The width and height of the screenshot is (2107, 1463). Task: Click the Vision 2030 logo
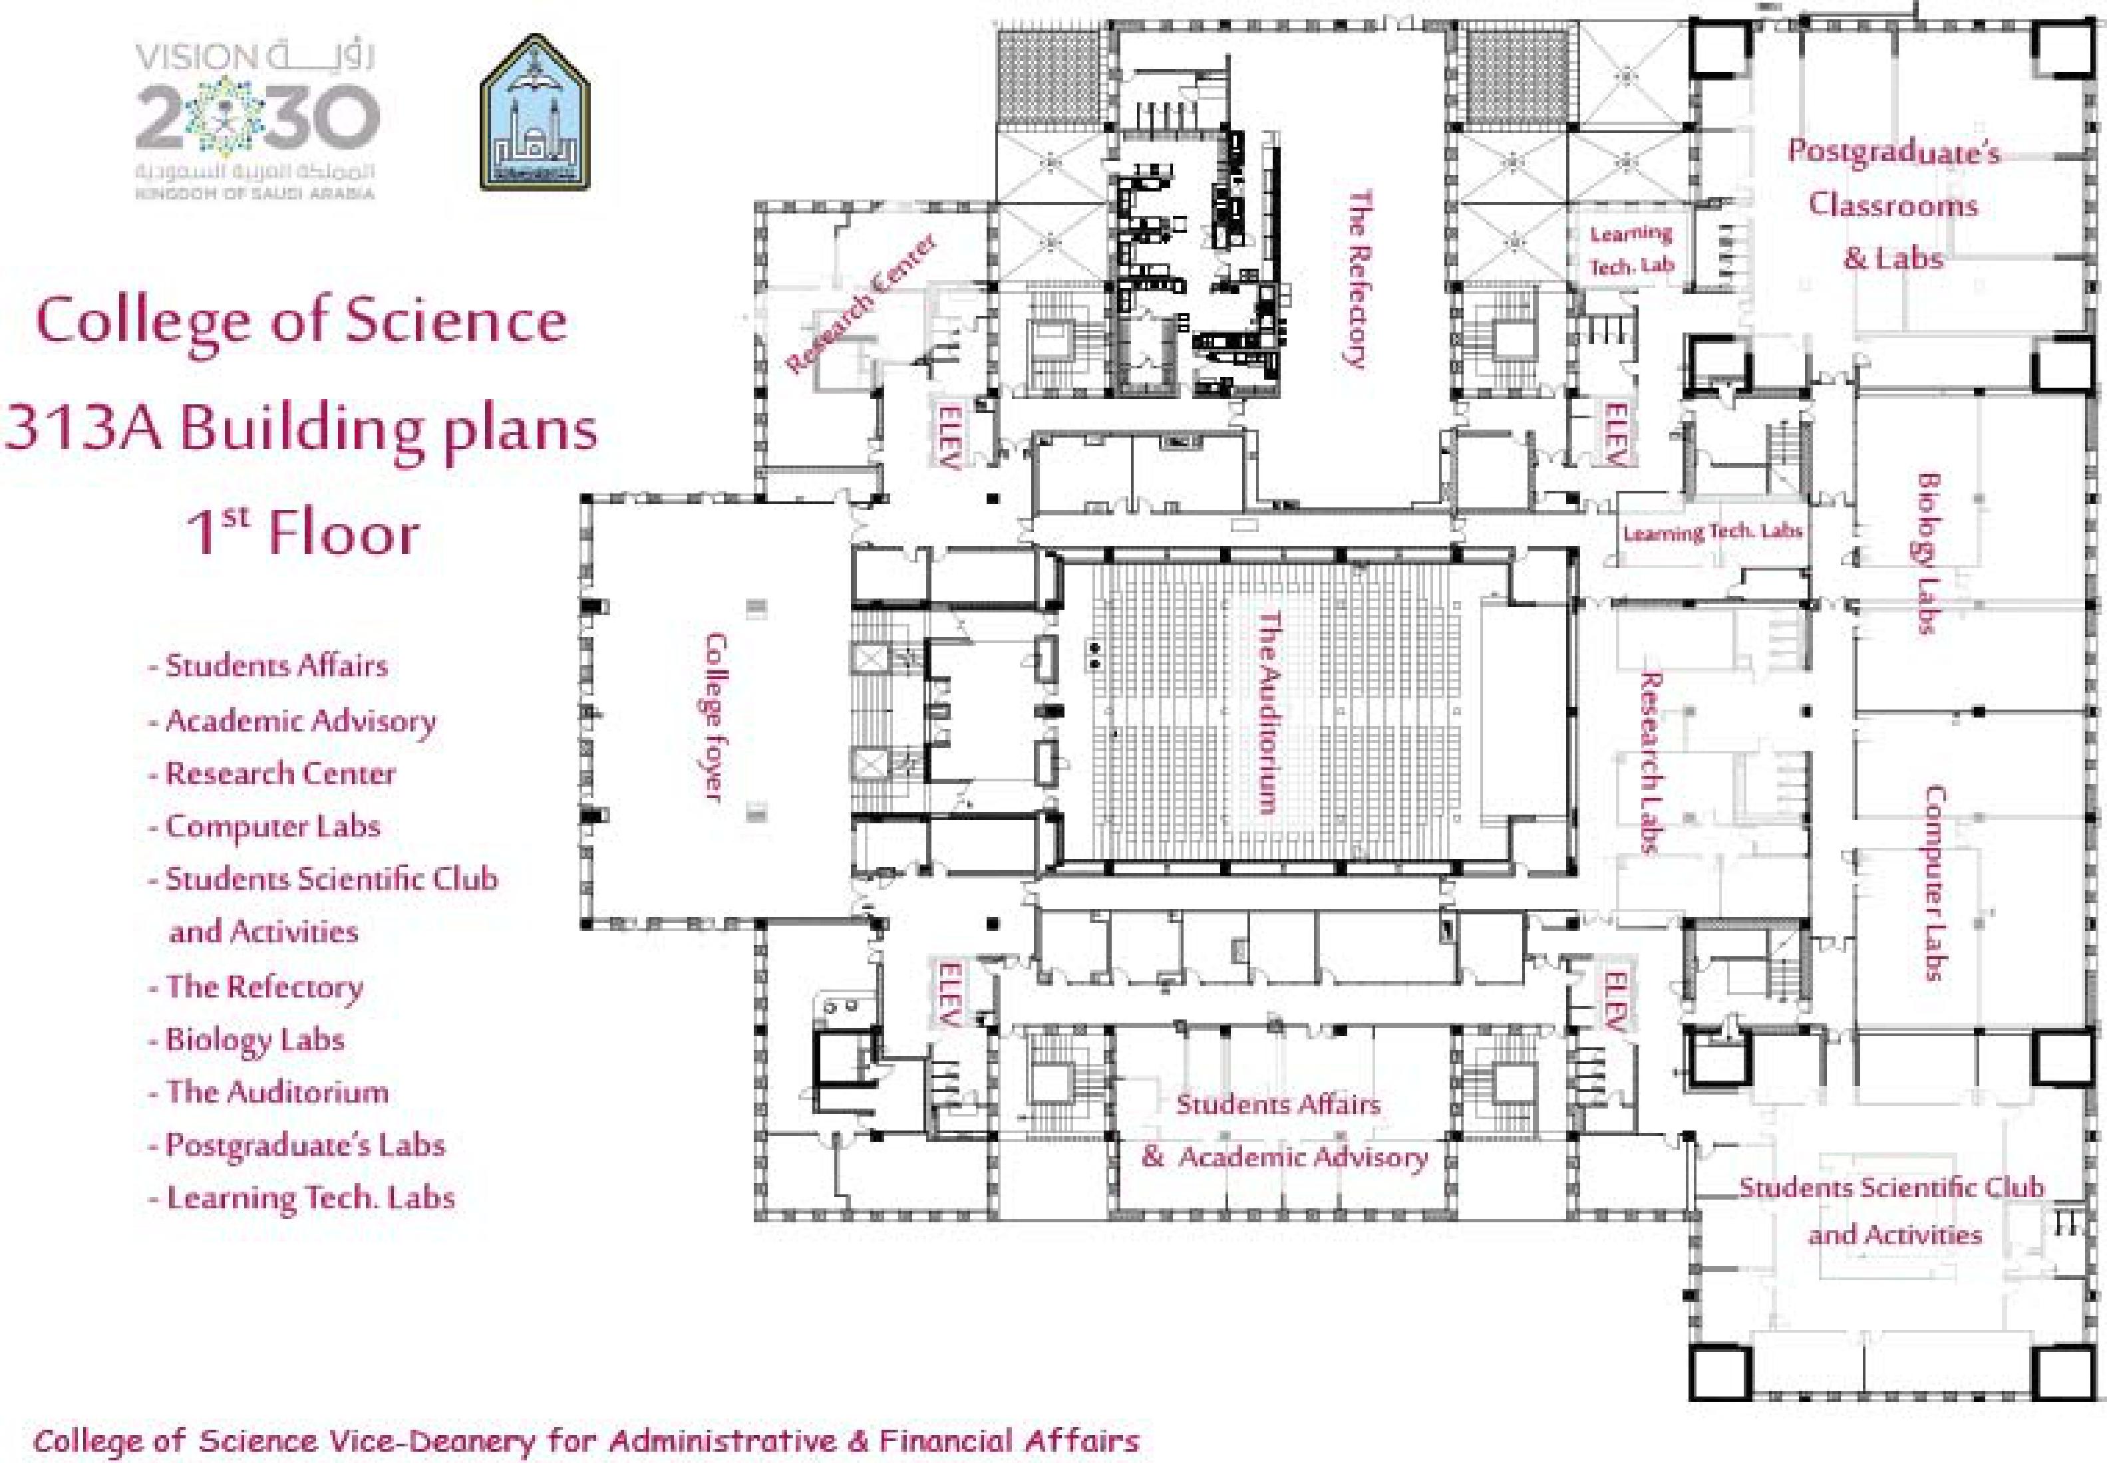[x=257, y=119]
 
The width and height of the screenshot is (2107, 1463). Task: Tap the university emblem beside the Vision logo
[x=536, y=113]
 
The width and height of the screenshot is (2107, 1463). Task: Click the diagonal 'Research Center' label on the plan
[x=861, y=303]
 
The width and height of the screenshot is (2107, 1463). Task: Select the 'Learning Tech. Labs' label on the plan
[x=1712, y=531]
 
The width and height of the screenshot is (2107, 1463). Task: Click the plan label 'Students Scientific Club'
[x=1891, y=1187]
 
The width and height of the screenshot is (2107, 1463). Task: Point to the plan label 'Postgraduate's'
[x=1893, y=151]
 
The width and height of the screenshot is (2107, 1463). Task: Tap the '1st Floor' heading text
[x=303, y=531]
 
